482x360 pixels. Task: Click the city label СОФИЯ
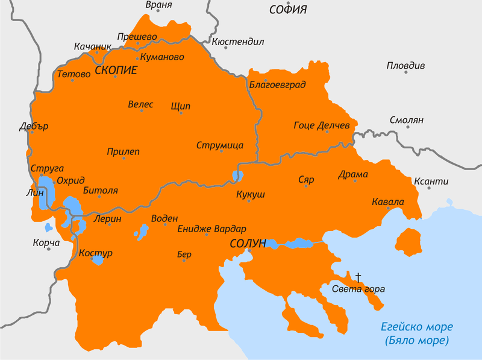coord(287,10)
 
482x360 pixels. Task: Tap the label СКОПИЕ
coord(116,71)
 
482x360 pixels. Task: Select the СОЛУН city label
coord(247,244)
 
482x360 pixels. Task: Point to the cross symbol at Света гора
coord(358,277)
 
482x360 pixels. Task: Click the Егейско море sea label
coord(416,327)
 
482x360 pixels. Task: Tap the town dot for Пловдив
coord(406,72)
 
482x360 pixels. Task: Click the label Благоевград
coord(277,84)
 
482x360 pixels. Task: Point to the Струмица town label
coord(219,145)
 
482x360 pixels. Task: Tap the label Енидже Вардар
coord(211,229)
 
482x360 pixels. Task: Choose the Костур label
coord(96,253)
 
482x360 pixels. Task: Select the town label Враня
coord(159,5)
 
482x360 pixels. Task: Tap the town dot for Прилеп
coord(124,159)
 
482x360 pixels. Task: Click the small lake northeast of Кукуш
coord(237,176)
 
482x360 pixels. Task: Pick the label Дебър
coord(33,127)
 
